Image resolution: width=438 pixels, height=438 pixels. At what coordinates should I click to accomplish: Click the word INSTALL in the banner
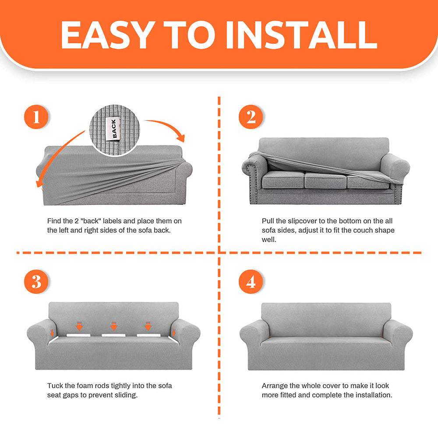[302, 35]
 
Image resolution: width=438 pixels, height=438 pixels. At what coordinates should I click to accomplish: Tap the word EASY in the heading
[108, 35]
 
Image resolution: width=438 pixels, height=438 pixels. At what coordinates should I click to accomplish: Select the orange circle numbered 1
[36, 117]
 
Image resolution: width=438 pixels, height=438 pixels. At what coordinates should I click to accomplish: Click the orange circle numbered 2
[251, 117]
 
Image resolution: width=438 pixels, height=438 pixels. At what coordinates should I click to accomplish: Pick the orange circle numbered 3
[36, 282]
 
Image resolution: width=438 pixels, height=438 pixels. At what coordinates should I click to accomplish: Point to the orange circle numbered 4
[251, 282]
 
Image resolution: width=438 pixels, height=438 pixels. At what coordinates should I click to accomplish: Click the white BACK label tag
[113, 128]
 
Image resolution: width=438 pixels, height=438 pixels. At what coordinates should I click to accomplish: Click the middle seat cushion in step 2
[325, 180]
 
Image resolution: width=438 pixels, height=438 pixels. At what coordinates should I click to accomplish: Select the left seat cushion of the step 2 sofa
[283, 180]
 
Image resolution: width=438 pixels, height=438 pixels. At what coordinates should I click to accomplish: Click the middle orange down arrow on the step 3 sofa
[114, 326]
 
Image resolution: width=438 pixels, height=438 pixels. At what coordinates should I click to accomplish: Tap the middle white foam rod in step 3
[114, 335]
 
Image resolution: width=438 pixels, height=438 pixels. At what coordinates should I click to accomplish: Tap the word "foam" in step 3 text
[85, 386]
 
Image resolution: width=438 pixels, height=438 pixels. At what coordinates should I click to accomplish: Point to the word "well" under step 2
[269, 240]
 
